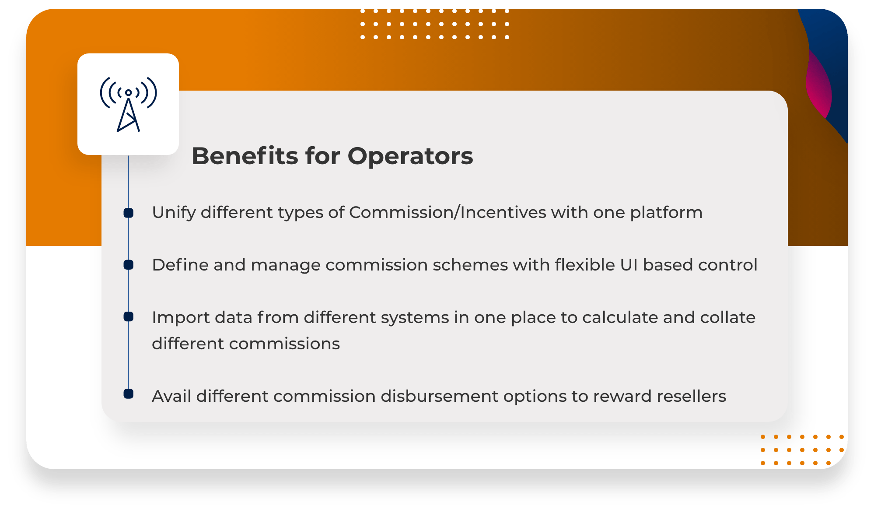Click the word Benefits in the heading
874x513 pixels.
(x=245, y=156)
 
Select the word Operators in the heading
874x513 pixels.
(x=410, y=156)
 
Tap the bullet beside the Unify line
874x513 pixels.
(x=128, y=213)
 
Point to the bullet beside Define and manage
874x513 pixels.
(x=128, y=265)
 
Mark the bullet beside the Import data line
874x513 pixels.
(x=128, y=316)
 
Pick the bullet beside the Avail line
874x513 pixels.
(x=128, y=394)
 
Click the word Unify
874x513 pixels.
(x=174, y=213)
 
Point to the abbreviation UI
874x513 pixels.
(x=629, y=265)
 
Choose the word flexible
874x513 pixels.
(x=585, y=265)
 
